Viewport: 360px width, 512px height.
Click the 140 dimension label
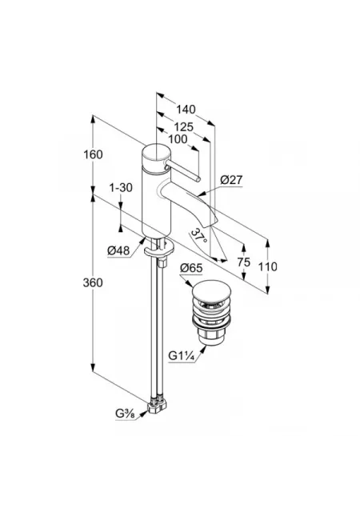(186, 110)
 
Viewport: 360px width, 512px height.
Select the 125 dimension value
(183, 126)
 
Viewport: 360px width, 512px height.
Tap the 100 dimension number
(178, 139)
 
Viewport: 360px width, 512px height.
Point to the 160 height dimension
(93, 154)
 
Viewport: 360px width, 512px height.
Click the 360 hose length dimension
(93, 282)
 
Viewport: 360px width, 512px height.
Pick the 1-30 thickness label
(121, 188)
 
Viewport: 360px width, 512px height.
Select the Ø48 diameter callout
(118, 250)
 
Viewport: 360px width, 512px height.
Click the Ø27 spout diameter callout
(232, 179)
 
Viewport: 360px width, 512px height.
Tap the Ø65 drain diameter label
(191, 269)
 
